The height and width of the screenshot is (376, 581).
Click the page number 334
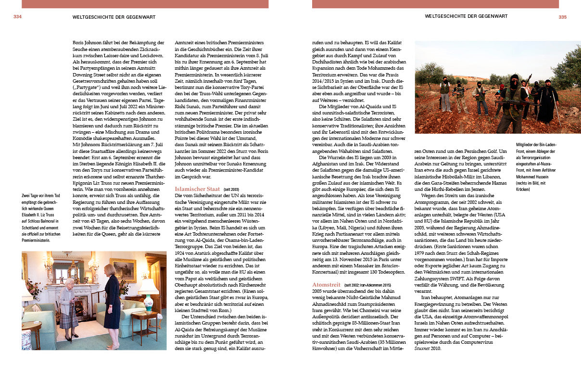coord(17,16)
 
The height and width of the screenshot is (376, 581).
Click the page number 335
coord(563,17)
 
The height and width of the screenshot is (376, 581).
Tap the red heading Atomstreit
coord(326,285)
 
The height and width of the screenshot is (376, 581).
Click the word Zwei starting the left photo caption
coord(26,195)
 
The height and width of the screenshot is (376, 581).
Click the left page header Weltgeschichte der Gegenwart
coord(114,17)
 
